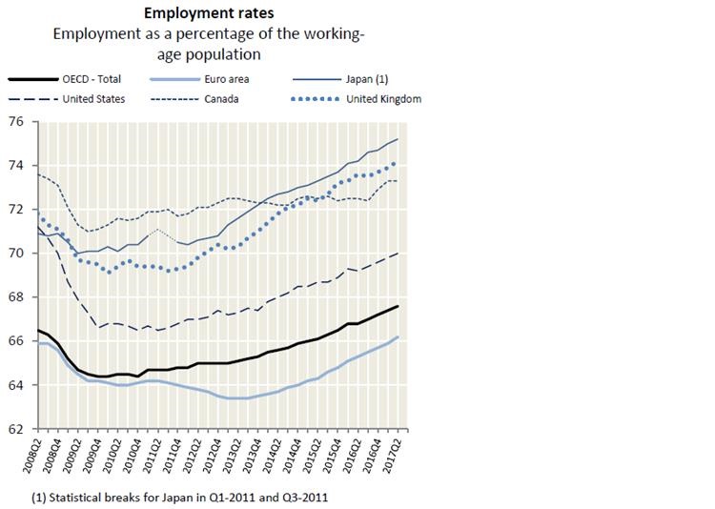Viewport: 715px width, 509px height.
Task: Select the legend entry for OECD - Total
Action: (91, 81)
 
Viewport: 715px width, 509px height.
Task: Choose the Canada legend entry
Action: (227, 98)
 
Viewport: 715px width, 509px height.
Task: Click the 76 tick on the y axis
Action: (16, 121)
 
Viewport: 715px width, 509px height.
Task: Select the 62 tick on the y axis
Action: (16, 430)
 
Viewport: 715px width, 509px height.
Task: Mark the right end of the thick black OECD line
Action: (398, 306)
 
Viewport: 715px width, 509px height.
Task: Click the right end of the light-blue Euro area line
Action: (398, 337)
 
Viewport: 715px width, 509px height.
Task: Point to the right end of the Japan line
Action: (398, 139)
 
